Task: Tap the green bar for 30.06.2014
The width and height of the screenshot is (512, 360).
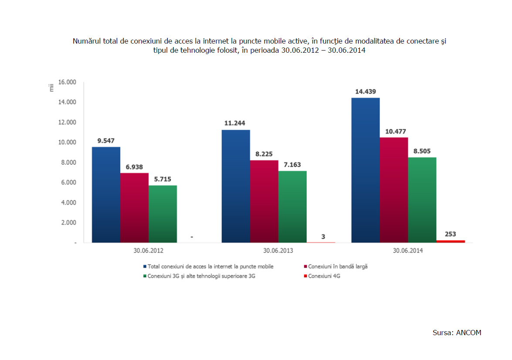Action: click(x=422, y=200)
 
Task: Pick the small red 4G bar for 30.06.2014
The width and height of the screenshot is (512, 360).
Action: click(x=451, y=241)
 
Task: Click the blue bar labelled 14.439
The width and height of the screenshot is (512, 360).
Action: click(x=365, y=170)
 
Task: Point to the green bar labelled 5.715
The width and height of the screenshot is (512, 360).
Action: click(x=163, y=214)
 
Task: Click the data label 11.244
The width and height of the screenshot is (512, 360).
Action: click(x=235, y=123)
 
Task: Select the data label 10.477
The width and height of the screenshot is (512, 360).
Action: click(x=393, y=131)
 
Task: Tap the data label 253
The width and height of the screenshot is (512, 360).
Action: click(x=451, y=234)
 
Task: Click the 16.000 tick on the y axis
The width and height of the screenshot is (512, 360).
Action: click(x=67, y=82)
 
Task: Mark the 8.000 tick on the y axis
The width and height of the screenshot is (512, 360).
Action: click(x=68, y=162)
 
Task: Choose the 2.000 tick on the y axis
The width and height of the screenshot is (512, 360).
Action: click(x=68, y=222)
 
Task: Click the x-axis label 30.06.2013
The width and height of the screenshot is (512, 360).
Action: click(x=278, y=251)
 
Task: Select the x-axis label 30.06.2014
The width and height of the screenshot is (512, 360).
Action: click(x=407, y=251)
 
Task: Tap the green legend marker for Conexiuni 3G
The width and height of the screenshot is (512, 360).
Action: click(x=145, y=276)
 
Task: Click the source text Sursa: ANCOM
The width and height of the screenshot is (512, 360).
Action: click(x=457, y=333)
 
